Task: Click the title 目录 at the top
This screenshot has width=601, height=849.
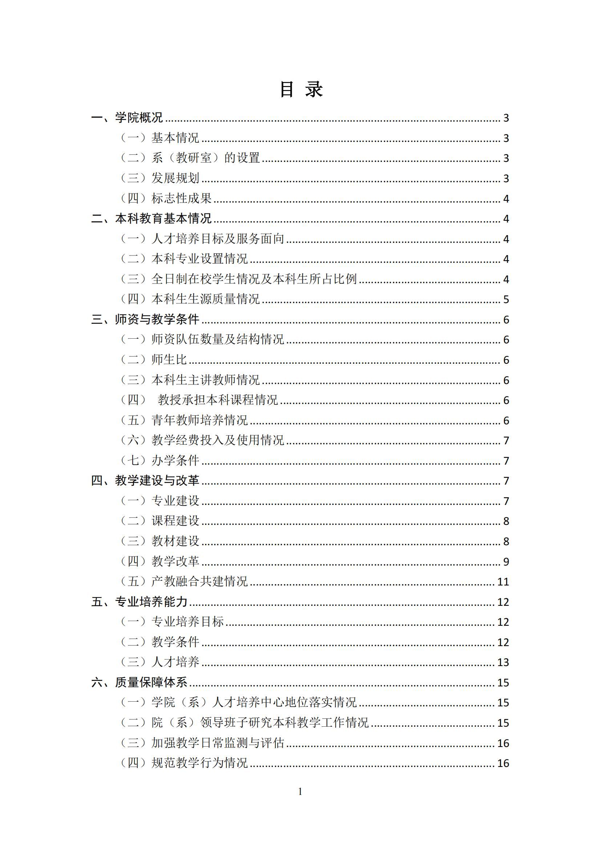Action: [301, 90]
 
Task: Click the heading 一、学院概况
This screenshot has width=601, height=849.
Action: [127, 118]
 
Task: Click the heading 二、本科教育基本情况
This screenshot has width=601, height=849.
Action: [152, 219]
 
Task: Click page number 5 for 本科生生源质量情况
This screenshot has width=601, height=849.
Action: [506, 299]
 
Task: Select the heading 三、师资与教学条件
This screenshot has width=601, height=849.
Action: [145, 319]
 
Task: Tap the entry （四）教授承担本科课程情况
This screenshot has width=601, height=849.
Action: [199, 400]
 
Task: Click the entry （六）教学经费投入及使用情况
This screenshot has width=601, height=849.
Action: [202, 440]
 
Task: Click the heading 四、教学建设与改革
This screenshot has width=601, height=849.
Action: [145, 480]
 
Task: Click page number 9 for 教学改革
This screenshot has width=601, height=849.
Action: [506, 561]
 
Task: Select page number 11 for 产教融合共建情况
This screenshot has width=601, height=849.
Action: [503, 581]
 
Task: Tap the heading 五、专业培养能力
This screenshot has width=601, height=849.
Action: [139, 601]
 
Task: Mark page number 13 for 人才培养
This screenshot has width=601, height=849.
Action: [503, 662]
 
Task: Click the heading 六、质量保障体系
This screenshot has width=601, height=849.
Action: [139, 682]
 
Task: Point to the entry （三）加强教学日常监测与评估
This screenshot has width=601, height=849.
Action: [202, 743]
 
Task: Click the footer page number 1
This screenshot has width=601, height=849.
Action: [300, 792]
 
